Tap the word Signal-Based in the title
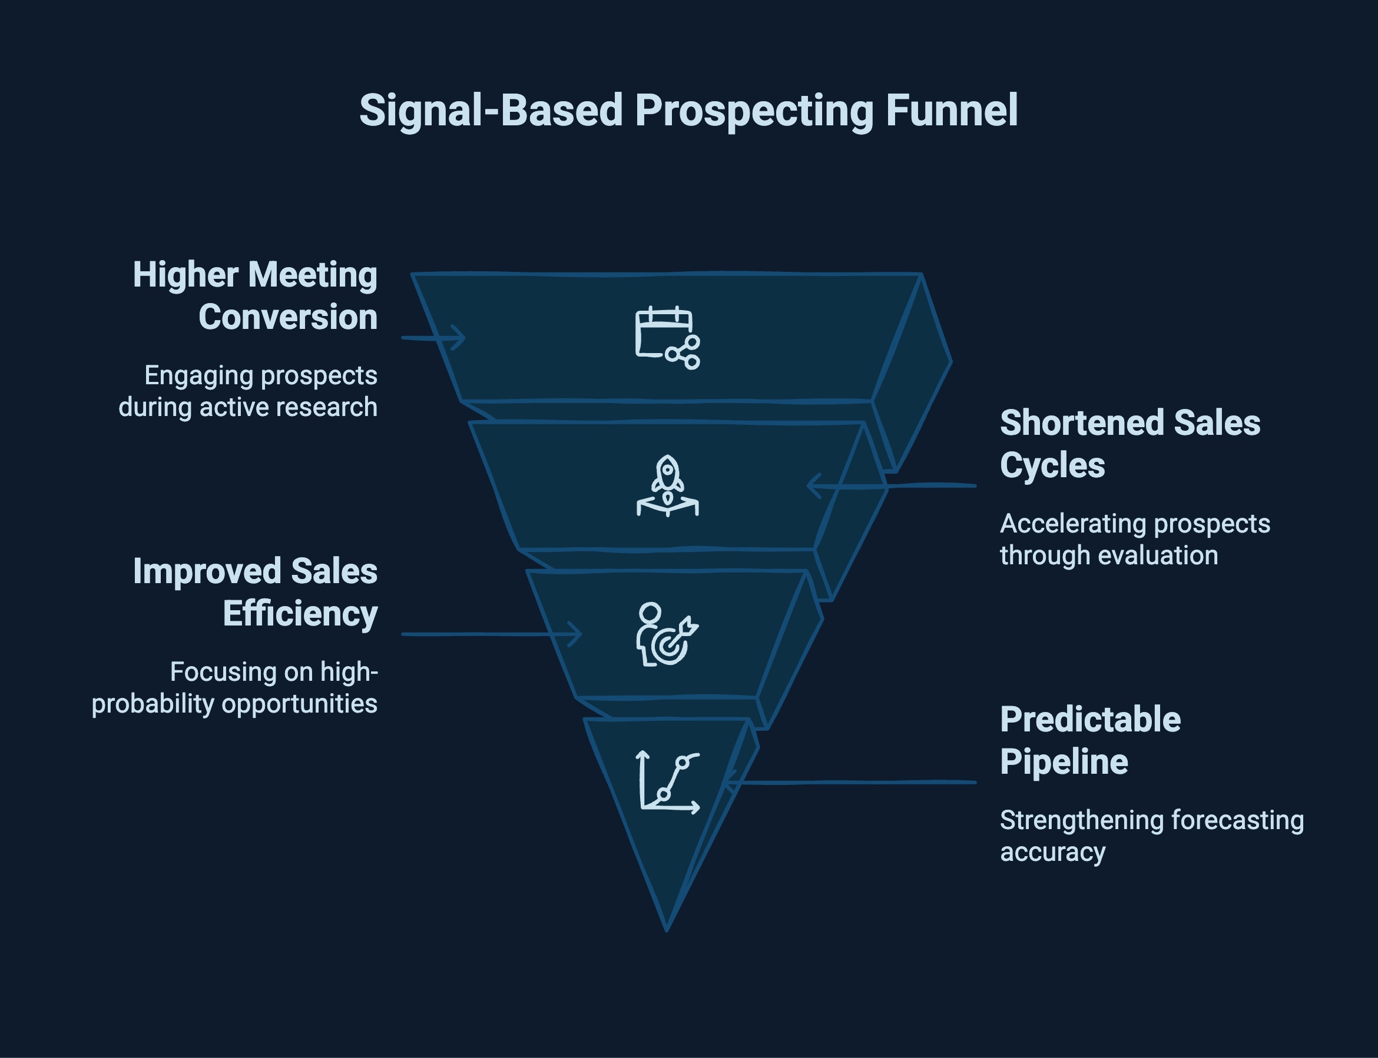coord(491,111)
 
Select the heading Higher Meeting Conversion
coord(255,295)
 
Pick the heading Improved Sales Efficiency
coord(255,592)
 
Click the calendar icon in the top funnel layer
coord(667,338)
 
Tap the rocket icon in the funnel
coord(667,485)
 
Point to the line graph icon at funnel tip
coord(668,782)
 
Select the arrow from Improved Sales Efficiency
coord(492,634)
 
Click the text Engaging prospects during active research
coord(249,391)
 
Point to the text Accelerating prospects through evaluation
coord(1134,539)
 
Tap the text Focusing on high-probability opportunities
coord(234,688)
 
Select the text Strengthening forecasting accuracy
coord(1151,836)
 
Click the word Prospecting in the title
coord(754,111)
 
